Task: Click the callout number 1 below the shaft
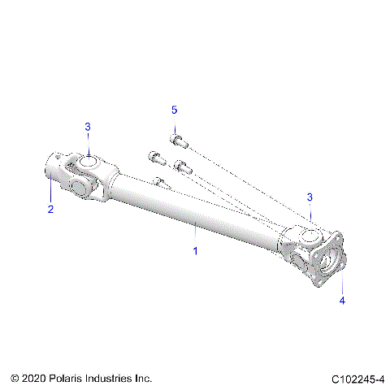[x=195, y=252]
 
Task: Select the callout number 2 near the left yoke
[x=50, y=210]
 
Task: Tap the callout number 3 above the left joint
[x=88, y=126]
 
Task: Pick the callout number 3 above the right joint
[x=309, y=197]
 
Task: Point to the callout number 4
[x=342, y=301]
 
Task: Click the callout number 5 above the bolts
[x=173, y=109]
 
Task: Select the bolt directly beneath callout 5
[x=178, y=141]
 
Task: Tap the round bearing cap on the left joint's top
[x=88, y=161]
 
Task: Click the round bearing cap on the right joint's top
[x=310, y=235]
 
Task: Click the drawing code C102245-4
[x=357, y=379]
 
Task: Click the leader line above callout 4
[x=342, y=286]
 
